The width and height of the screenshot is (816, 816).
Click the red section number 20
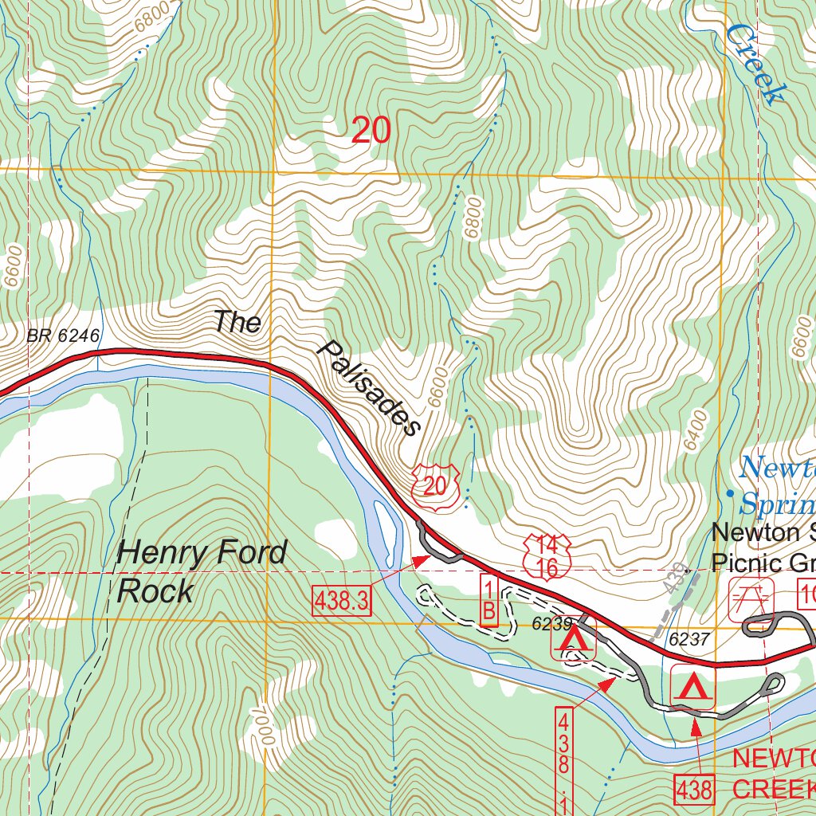[x=371, y=130]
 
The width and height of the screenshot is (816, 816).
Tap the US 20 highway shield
[x=435, y=481]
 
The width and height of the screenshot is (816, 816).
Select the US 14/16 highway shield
[x=547, y=556]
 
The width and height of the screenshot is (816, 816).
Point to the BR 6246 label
[x=63, y=336]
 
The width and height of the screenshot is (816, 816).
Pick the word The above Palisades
[x=237, y=322]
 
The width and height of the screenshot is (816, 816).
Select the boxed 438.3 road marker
[x=343, y=600]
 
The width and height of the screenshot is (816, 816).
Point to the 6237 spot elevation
[x=688, y=639]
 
